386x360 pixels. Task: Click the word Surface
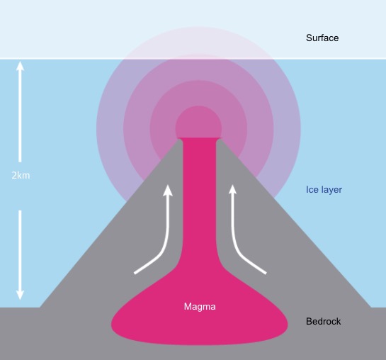(x=322, y=38)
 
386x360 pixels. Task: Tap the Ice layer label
(x=324, y=190)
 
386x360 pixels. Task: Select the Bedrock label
(x=323, y=321)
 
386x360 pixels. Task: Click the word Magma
(x=200, y=307)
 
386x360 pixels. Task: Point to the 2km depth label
(x=21, y=175)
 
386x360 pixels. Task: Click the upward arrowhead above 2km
(x=21, y=66)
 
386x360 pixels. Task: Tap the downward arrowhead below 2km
(x=21, y=295)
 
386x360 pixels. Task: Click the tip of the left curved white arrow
(x=168, y=185)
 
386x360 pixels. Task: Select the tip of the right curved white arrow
(x=232, y=185)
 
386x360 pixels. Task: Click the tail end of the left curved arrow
(x=135, y=273)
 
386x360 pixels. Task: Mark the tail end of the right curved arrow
(x=266, y=273)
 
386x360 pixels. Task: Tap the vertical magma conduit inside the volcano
(x=200, y=197)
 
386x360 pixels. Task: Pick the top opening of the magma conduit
(x=200, y=138)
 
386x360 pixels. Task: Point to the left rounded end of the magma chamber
(x=111, y=325)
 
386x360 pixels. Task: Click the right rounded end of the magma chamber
(x=288, y=325)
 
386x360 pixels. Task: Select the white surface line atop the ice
(x=193, y=59)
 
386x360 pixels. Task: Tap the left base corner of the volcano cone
(x=40, y=308)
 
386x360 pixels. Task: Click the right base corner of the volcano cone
(x=370, y=308)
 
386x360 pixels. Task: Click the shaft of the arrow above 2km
(x=21, y=116)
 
